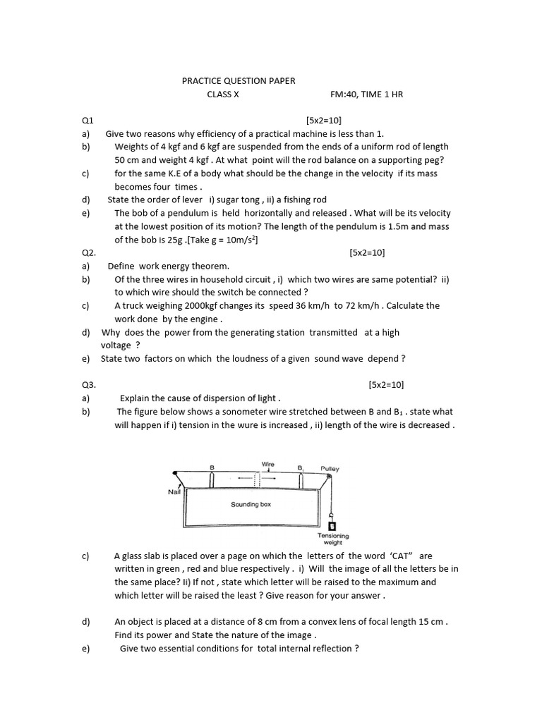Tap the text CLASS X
click(222, 94)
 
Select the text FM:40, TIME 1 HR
click(366, 94)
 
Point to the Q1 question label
click(88, 121)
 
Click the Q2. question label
click(88, 252)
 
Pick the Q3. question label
click(88, 385)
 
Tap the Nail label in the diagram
click(174, 492)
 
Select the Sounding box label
click(251, 505)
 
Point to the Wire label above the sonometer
click(268, 465)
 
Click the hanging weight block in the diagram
click(332, 525)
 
